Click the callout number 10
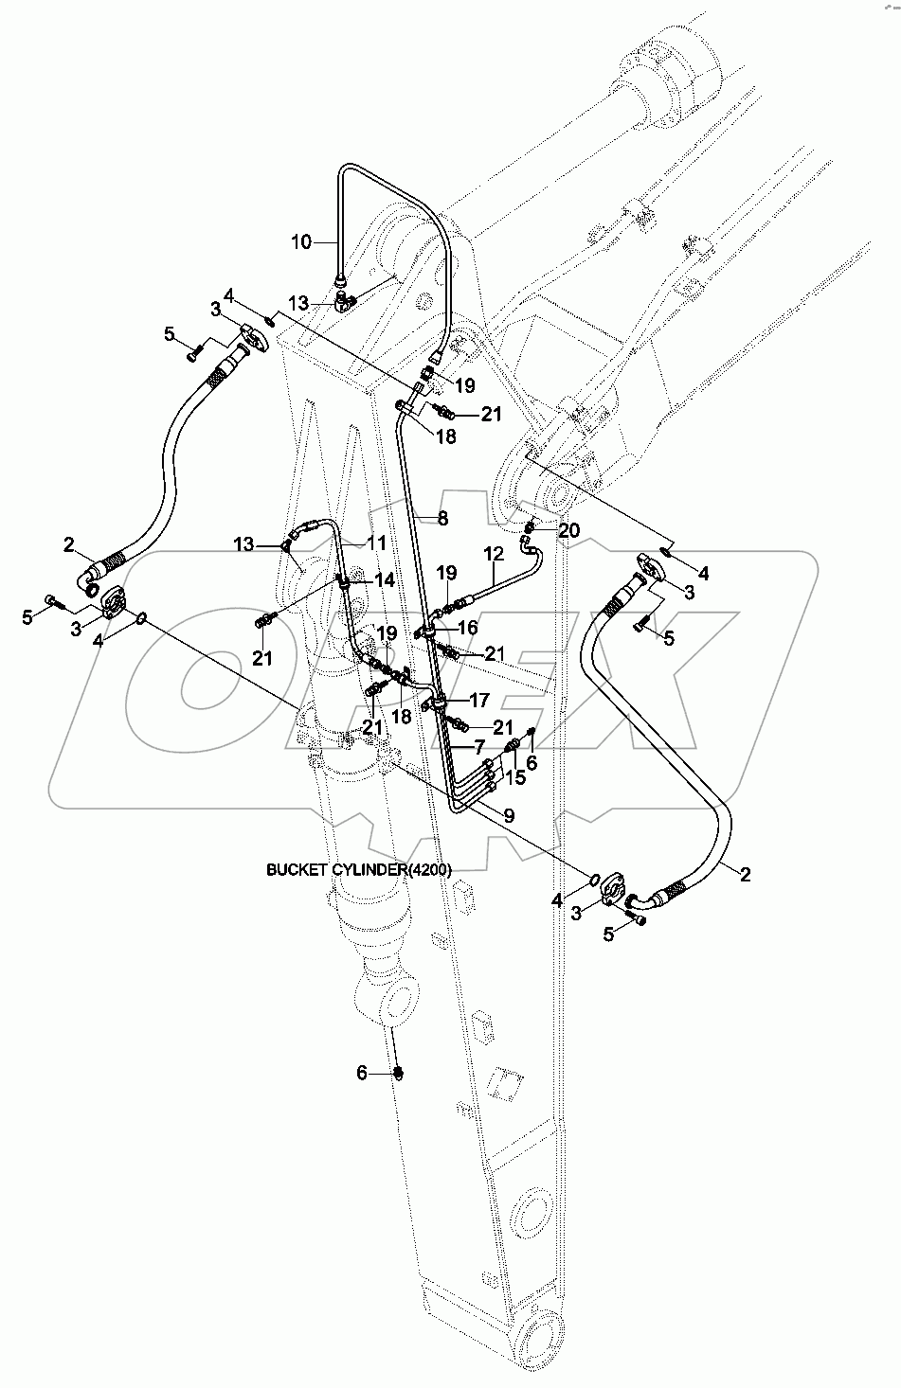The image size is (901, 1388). coord(301,242)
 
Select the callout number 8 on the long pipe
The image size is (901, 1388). coord(442,518)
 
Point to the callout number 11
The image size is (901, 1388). coord(376,543)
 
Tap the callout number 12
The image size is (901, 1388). coord(495,554)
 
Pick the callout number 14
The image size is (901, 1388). coord(385,580)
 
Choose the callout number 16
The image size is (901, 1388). coord(467,628)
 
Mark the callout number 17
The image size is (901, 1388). coord(479,701)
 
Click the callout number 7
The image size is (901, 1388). coord(478,747)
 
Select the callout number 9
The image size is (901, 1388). coord(509,815)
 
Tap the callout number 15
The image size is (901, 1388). coord(515,777)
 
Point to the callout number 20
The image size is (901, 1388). coord(568,530)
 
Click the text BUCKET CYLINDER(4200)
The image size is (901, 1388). coord(359,869)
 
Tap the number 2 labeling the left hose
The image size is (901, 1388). coord(69,544)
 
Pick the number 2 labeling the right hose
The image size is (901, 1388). coord(745,874)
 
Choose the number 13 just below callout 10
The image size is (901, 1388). coord(298,303)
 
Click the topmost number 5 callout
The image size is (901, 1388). coord(170,334)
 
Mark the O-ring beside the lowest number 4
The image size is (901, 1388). coord(593,880)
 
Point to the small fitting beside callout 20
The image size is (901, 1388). coord(530,527)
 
